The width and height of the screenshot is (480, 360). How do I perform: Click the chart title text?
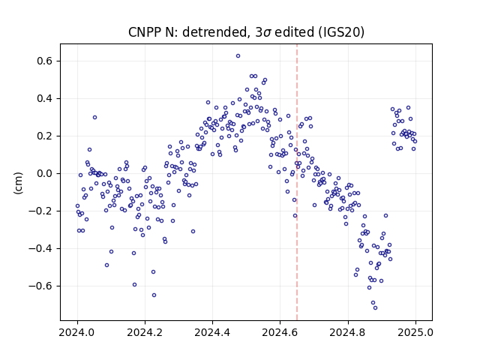click(246, 32)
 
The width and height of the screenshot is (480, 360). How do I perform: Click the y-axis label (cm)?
click(18, 183)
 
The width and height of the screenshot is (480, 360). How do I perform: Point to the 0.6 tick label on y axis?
click(44, 61)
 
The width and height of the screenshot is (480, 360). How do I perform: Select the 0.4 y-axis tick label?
click(44, 98)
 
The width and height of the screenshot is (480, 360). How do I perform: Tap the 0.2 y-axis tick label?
click(44, 136)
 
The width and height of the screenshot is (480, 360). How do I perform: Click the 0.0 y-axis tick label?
click(44, 173)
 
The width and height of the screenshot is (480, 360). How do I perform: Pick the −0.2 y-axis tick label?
click(40, 211)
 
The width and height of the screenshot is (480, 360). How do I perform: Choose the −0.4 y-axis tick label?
click(40, 248)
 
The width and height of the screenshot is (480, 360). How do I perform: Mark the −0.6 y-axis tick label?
click(40, 286)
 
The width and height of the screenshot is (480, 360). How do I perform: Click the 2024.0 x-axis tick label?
click(77, 332)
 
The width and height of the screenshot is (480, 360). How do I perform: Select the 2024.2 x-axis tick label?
click(145, 332)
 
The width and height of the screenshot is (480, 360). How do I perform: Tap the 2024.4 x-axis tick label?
click(212, 332)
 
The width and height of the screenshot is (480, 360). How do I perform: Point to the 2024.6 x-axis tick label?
click(280, 332)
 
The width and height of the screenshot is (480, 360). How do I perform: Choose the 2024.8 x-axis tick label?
click(348, 332)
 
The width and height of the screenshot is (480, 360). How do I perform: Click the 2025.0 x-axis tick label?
click(415, 332)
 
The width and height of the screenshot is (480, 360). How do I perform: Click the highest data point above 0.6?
click(238, 56)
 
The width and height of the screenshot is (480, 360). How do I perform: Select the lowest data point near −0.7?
click(375, 307)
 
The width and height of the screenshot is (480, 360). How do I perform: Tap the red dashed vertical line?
click(297, 182)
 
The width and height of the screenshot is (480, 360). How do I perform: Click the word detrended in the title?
click(214, 32)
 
